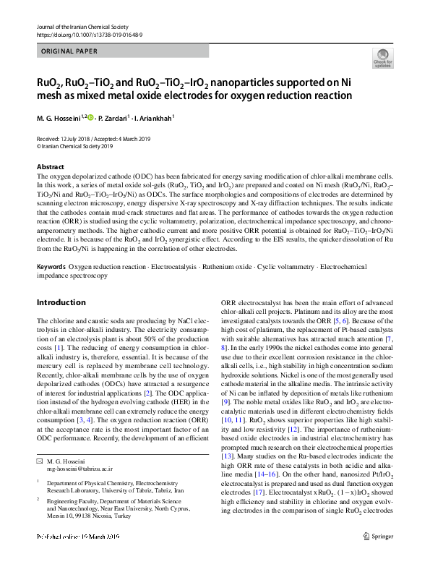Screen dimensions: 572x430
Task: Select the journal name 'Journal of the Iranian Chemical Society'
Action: pyautogui.click(x=79, y=27)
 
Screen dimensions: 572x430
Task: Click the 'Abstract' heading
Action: pyautogui.click(x=50, y=166)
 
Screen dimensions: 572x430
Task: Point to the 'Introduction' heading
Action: pyautogui.click(x=61, y=302)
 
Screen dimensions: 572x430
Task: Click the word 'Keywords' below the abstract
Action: pyautogui.click(x=51, y=267)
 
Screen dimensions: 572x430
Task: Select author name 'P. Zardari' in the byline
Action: pyautogui.click(x=111, y=117)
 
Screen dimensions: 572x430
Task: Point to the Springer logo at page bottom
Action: pyautogui.click(x=378, y=556)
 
